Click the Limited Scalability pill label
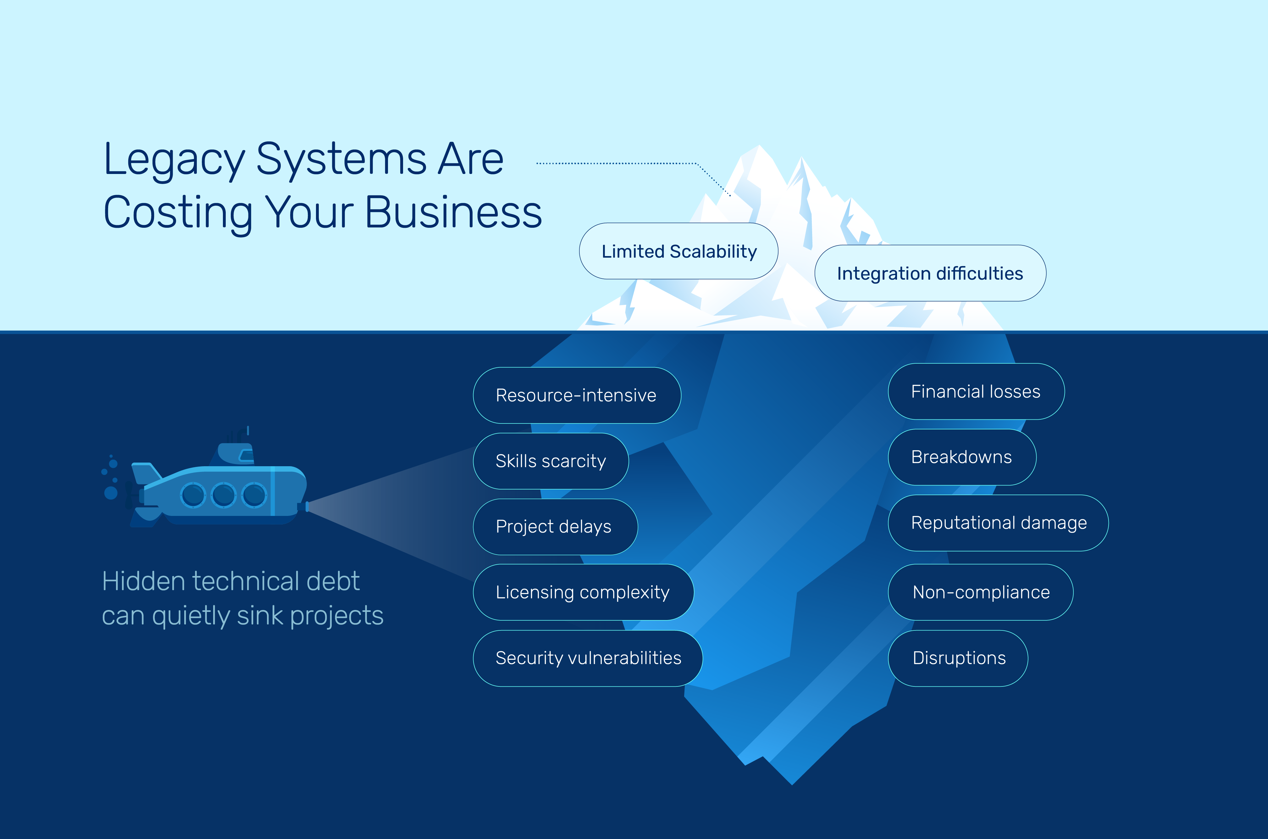pyautogui.click(x=679, y=251)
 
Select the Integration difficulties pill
pyautogui.click(x=930, y=273)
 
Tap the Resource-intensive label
pyautogui.click(x=577, y=395)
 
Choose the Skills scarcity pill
pyautogui.click(x=551, y=461)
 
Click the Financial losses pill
pyautogui.click(x=976, y=391)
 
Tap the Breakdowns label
pyautogui.click(x=961, y=457)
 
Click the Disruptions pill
pyautogui.click(x=958, y=657)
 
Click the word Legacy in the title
pyautogui.click(x=174, y=160)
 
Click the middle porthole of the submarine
pyautogui.click(x=224, y=495)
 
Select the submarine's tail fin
pyautogui.click(x=146, y=473)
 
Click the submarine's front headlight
pyautogui.click(x=307, y=506)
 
